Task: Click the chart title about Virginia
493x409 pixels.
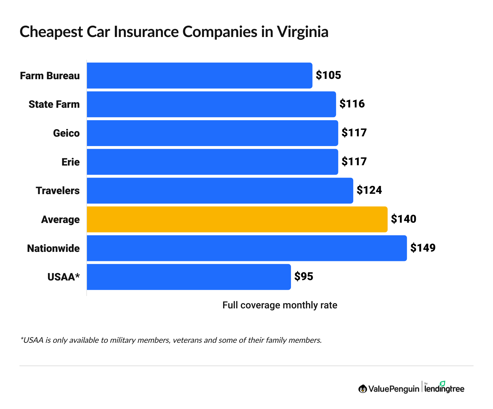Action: click(x=174, y=32)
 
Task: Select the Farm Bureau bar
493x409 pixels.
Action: click(x=199, y=76)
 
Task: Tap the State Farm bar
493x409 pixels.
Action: click(x=211, y=104)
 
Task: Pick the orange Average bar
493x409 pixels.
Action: click(x=237, y=219)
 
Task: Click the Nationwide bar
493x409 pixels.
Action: click(x=246, y=248)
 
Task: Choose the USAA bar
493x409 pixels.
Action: click(x=188, y=277)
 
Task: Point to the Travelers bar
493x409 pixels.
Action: click(x=220, y=191)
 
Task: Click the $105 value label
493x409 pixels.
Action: click(x=328, y=75)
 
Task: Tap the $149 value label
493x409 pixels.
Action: click(x=423, y=248)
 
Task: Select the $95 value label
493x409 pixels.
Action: click(x=304, y=277)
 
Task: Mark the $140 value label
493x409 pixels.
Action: click(x=403, y=219)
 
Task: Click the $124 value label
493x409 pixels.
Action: click(x=369, y=190)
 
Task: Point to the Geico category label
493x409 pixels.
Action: click(x=66, y=133)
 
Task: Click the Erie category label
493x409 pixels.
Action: click(x=70, y=162)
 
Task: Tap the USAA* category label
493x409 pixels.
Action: click(x=63, y=277)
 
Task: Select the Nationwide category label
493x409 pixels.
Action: click(x=53, y=248)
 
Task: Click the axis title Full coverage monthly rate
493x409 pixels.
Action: click(x=280, y=305)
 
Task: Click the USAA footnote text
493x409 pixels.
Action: click(x=171, y=340)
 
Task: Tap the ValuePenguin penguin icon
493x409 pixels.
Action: click(x=362, y=389)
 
